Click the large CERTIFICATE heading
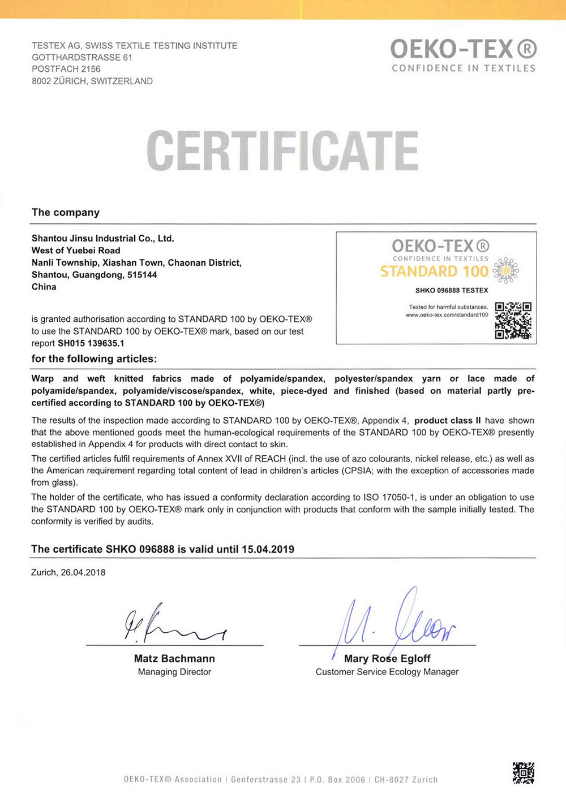282,151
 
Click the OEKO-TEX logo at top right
464,55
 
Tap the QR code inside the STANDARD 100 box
513,320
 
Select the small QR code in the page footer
523,772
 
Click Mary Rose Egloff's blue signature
396,622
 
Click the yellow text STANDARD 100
434,271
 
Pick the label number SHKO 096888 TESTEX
452,291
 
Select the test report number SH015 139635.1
91,343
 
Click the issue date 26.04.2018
83,572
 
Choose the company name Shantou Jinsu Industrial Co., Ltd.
103,239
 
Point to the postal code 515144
143,275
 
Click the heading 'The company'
66,213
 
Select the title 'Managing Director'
174,672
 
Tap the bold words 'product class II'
447,421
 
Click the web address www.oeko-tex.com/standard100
447,315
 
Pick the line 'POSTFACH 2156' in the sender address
66,69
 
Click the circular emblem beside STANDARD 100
505,270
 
